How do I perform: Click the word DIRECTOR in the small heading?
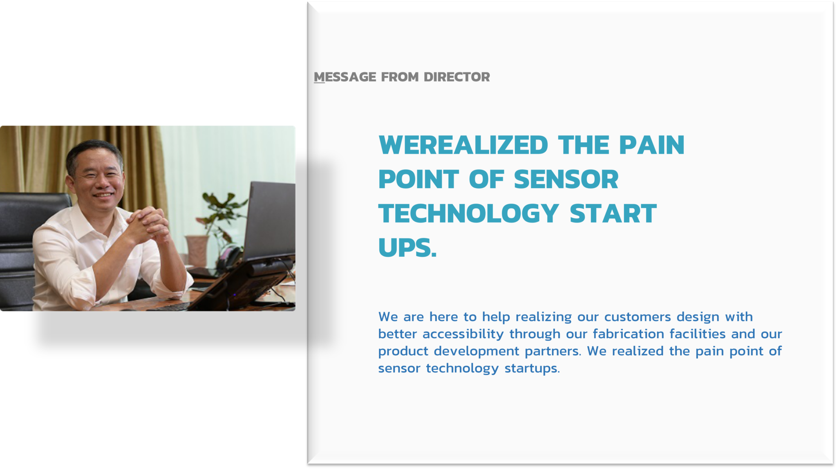point(457,77)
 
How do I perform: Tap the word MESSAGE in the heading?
point(345,77)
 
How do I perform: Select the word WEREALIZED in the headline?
point(463,145)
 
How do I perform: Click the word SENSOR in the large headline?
point(566,180)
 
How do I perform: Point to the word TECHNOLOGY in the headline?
point(468,213)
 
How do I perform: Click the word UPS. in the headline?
point(407,248)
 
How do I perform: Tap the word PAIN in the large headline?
point(651,145)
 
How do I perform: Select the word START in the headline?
point(613,213)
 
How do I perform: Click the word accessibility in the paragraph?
point(463,334)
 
